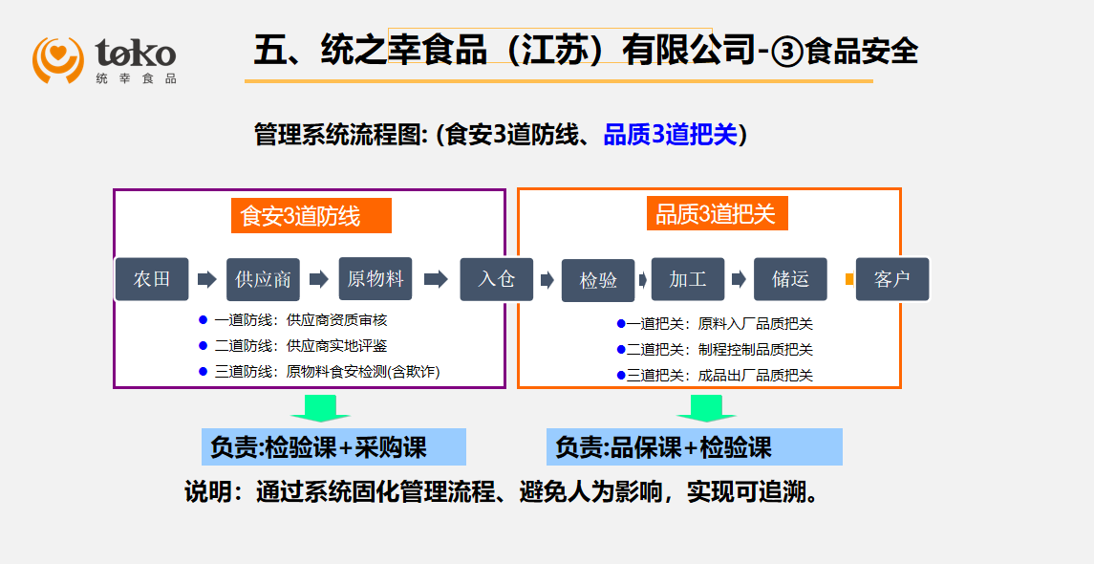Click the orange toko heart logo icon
click(58, 58)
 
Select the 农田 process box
click(152, 279)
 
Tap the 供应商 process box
click(263, 280)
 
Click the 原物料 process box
click(375, 279)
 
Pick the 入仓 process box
click(496, 279)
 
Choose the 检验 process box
click(598, 280)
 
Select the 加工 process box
click(688, 279)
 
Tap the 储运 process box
click(790, 279)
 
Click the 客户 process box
click(891, 279)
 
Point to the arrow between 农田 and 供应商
click(206, 279)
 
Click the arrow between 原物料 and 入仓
click(436, 279)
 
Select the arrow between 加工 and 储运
click(739, 279)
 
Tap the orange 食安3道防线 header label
click(311, 216)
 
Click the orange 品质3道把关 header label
click(721, 214)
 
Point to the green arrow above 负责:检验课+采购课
click(320, 409)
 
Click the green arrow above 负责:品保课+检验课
click(706, 409)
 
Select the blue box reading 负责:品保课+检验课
click(695, 447)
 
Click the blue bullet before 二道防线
click(203, 345)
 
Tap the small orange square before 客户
click(849, 279)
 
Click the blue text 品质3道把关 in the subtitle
click(671, 135)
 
